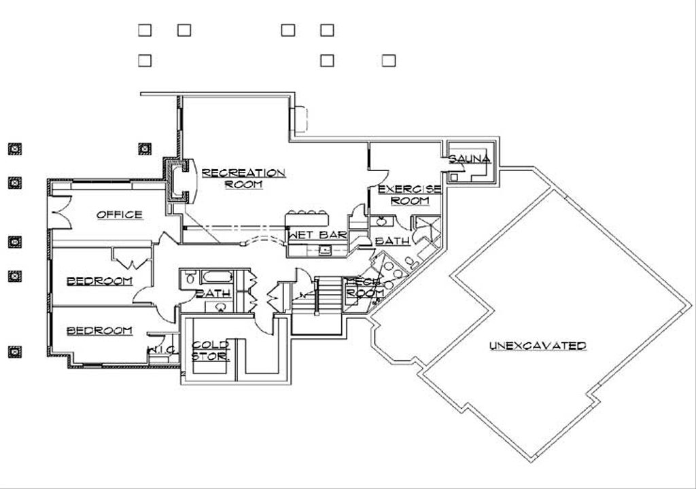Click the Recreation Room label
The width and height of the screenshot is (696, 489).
pos(243,178)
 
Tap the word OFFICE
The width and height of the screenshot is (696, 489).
pos(120,215)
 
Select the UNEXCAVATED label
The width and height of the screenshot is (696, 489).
pos(538,346)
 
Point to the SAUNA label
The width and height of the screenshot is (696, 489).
pos(469,159)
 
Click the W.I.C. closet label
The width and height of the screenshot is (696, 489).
pos(162,349)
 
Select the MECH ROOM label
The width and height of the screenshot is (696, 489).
pos(366,287)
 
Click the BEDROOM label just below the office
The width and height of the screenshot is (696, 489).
pos(99,280)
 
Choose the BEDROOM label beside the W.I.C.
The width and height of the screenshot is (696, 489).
pos(99,331)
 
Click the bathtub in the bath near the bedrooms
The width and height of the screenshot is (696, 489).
pos(217,277)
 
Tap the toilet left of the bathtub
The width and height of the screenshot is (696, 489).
pos(189,278)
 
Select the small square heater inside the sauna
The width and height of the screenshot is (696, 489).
pos(455,177)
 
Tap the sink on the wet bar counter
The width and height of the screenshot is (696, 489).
pos(325,251)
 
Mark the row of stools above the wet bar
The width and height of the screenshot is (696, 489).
pos(309,213)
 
